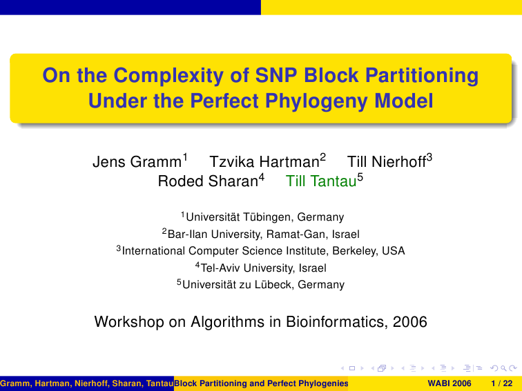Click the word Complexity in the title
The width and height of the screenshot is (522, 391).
point(168,76)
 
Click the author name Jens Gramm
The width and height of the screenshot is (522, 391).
point(137,162)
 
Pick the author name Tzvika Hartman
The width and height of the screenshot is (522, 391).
point(264,162)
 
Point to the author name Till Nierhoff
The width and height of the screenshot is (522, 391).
point(387,162)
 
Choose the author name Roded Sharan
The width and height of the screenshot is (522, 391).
point(208,181)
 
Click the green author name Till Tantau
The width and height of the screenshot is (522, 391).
point(321,181)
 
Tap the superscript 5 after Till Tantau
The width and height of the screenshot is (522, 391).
point(360,177)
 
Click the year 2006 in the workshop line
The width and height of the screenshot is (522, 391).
point(410,322)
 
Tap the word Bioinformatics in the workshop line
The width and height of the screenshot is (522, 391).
point(336,322)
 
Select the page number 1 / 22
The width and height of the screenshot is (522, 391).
point(502,383)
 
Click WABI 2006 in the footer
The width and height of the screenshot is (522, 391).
point(449,383)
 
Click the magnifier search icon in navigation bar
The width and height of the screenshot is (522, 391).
point(503,368)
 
